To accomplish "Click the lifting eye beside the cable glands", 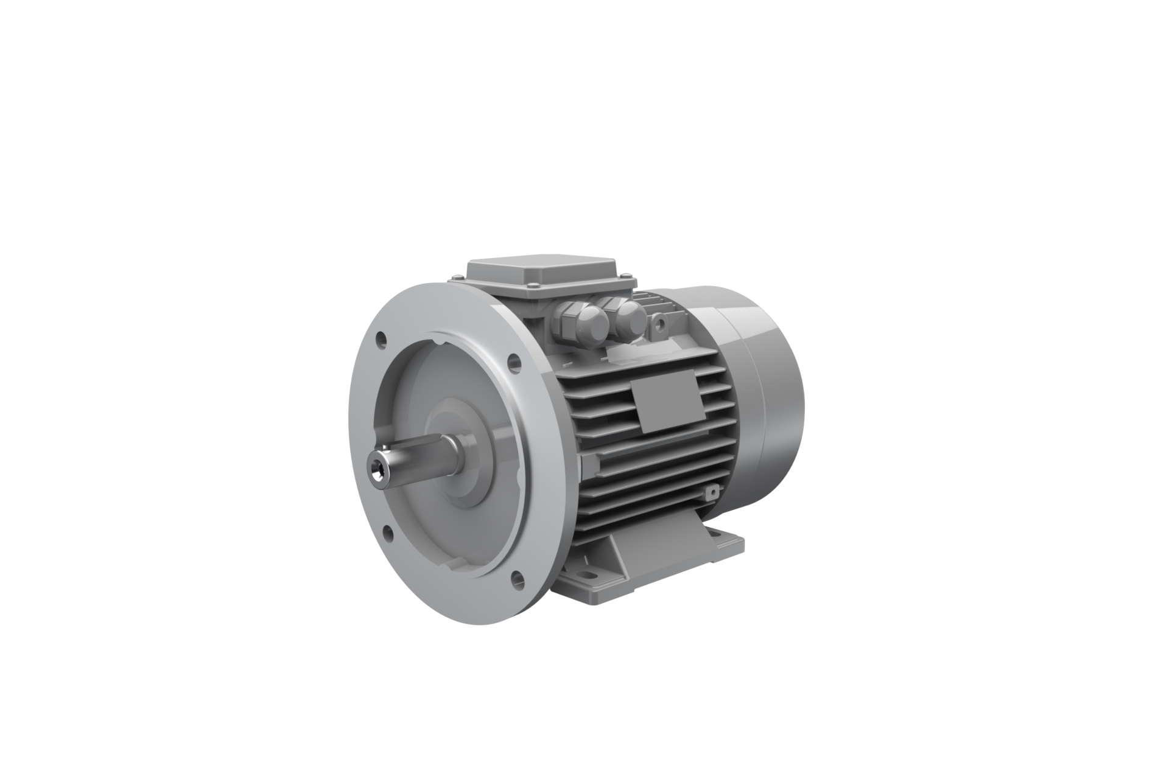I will click(x=660, y=325).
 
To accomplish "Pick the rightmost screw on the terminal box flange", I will click(x=626, y=276).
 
